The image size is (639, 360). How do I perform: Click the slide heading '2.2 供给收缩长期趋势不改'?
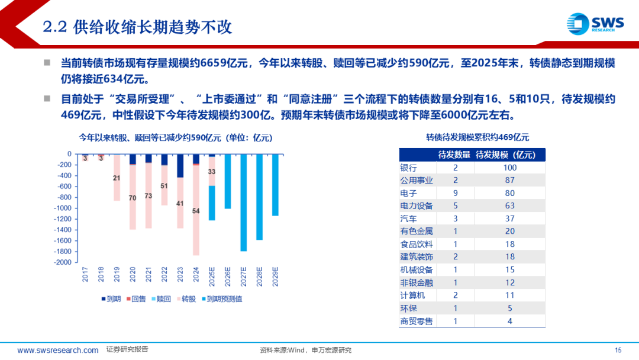click(138, 27)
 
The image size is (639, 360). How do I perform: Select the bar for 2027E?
click(243, 202)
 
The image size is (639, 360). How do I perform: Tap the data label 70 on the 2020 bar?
click(133, 198)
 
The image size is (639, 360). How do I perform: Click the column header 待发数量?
click(454, 155)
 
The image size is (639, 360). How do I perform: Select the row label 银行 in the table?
click(409, 168)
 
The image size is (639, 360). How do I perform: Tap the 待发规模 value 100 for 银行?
click(510, 168)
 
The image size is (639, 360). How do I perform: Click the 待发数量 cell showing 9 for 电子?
click(455, 193)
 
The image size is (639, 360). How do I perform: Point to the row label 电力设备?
click(417, 206)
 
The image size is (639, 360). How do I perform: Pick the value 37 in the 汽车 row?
click(510, 218)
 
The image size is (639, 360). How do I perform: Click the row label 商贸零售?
click(417, 321)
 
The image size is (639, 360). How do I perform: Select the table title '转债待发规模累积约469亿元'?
click(477, 137)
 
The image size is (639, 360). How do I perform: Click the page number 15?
click(618, 350)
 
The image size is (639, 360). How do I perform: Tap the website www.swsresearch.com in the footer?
click(58, 350)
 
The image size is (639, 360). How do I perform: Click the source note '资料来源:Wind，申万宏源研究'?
click(306, 350)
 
